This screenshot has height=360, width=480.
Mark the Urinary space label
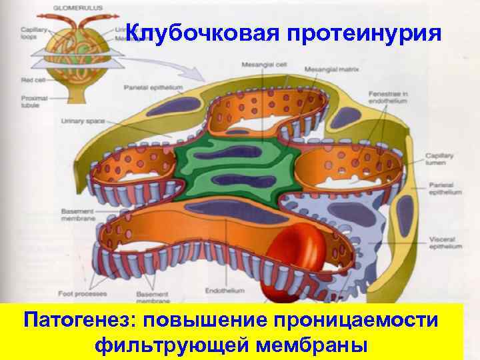click(80, 121)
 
